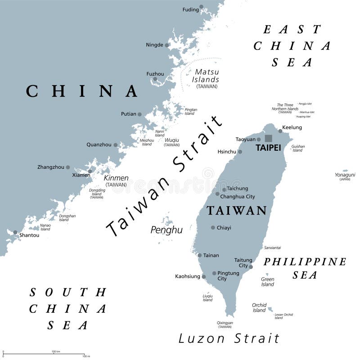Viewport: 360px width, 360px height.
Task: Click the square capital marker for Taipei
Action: click(269, 139)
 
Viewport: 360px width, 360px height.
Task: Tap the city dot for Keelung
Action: click(280, 131)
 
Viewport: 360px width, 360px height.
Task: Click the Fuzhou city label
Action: click(155, 74)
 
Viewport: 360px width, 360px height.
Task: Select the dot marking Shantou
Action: click(15, 233)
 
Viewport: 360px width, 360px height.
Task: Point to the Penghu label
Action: click(166, 230)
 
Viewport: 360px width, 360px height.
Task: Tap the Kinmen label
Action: click(116, 178)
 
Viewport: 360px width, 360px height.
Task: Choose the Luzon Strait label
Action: click(229, 338)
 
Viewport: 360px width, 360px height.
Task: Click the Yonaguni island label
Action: click(345, 175)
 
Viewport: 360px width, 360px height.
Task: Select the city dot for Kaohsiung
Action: click(204, 276)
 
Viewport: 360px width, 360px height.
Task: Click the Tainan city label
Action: click(211, 255)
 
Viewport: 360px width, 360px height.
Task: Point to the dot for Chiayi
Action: click(213, 227)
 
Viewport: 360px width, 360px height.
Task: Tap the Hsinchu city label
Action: click(227, 152)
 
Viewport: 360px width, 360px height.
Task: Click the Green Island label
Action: click(267, 282)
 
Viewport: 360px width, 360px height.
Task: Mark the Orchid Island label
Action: click(259, 307)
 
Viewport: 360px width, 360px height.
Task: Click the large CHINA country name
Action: click(82, 91)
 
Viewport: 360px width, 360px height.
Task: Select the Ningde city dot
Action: click(167, 45)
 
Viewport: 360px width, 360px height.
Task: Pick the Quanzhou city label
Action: click(99, 144)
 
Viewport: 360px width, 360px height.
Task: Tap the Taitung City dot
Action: click(251, 267)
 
